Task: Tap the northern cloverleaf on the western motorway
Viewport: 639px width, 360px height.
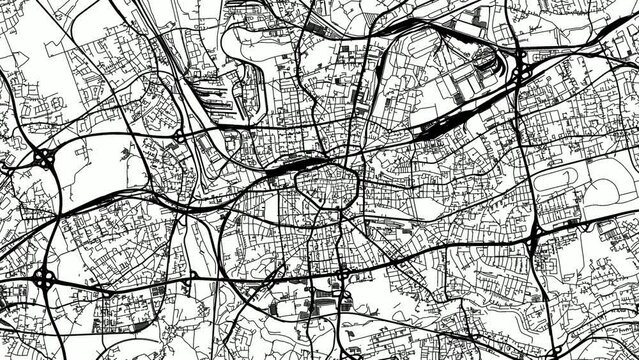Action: point(45,158)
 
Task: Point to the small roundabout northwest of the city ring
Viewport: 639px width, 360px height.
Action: point(178,133)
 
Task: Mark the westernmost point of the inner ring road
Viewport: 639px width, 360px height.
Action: point(296,185)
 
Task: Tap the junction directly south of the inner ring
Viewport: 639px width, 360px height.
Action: point(341,273)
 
